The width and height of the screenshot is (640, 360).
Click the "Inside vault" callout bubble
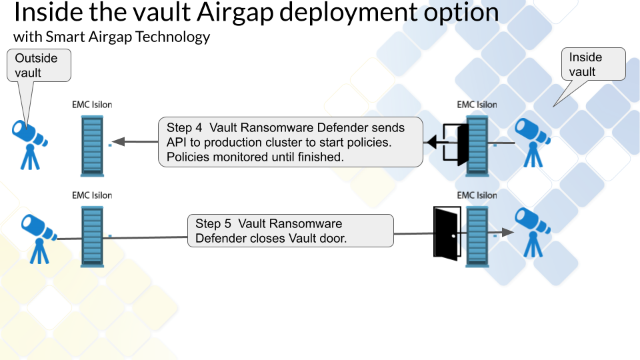[593, 64]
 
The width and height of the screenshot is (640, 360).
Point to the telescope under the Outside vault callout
[29, 141]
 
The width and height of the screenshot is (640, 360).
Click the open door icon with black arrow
[449, 143]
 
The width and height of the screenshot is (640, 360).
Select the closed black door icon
[445, 234]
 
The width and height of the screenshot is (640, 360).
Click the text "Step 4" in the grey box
[182, 127]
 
